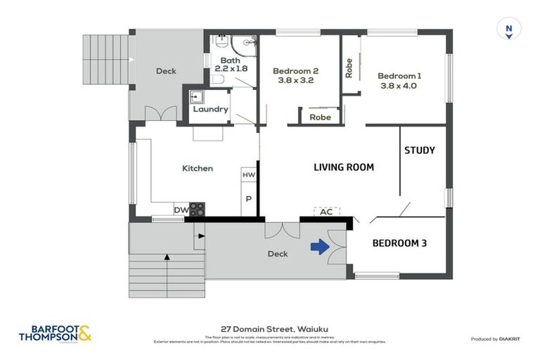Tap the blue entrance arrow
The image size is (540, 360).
[320, 247]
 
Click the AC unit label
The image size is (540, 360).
[326, 212]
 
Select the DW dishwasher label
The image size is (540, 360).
[181, 210]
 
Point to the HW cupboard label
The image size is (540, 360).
[248, 174]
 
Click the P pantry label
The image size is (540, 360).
[248, 199]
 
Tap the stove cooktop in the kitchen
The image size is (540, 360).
[198, 209]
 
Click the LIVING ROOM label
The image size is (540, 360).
[343, 167]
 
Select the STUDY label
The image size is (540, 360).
[419, 150]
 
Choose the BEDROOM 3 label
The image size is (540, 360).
[399, 243]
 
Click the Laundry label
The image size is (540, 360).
[210, 110]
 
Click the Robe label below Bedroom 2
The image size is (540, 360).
[320, 117]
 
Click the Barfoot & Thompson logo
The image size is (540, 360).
[55, 333]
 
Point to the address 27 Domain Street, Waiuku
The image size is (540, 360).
[270, 328]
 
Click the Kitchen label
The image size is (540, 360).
[198, 169]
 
